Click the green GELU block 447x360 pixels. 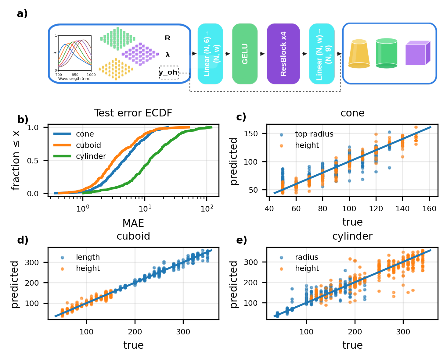245,54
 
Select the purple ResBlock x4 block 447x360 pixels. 283,54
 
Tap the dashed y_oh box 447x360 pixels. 169,73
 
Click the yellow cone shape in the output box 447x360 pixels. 359,54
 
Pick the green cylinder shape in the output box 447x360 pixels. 386,53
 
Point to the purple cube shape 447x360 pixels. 417,53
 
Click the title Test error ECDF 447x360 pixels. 133,113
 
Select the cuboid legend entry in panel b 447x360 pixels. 88,145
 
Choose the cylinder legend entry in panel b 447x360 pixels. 91,156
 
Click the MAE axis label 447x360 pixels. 133,223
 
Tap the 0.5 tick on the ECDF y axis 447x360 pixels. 33,161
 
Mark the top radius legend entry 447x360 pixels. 314,134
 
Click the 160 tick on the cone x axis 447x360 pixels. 429,209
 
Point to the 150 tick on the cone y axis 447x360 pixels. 251,134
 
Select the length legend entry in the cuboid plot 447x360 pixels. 88,257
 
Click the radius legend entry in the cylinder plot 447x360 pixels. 306,257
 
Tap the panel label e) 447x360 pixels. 241,240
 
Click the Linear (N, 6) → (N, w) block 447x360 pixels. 210,54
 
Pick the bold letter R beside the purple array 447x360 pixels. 168,38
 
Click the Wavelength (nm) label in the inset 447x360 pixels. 74,79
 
